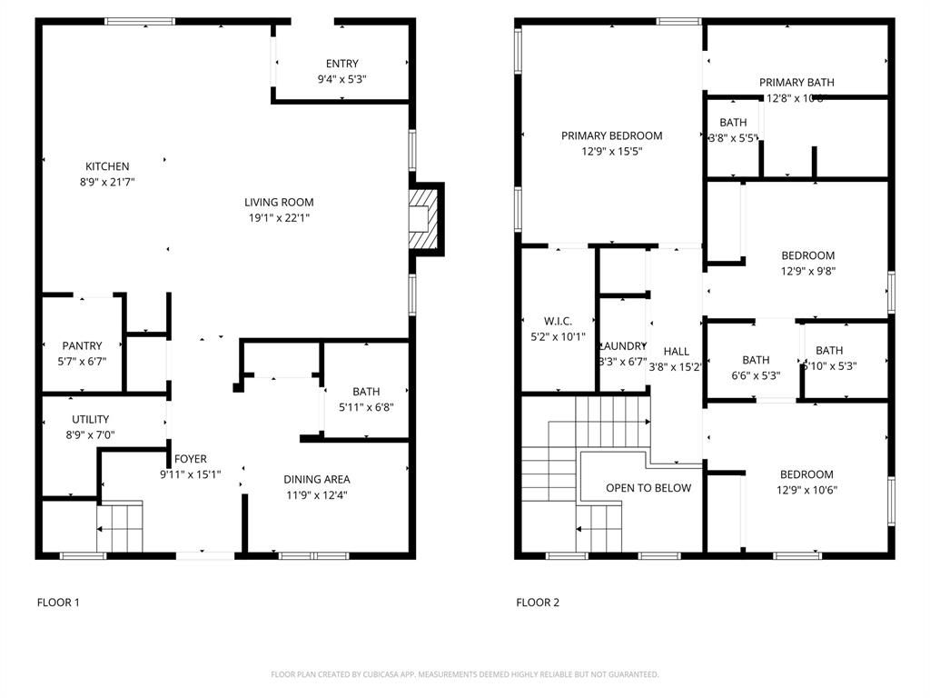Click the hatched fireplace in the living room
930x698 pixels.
coord(424,217)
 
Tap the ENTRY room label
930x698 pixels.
coord(341,64)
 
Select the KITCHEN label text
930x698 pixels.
coord(107,166)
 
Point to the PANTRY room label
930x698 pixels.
coord(82,345)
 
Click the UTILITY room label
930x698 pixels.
coord(91,419)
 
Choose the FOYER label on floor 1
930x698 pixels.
coord(191,459)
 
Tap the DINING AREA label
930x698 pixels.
coord(316,479)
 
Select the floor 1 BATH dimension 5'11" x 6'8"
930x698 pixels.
coord(366,407)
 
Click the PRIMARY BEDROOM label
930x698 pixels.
coord(611,135)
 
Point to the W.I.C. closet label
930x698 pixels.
coord(558,321)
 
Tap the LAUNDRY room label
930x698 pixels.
coord(623,345)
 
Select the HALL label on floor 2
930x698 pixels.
coord(676,351)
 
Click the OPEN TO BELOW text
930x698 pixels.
coord(648,488)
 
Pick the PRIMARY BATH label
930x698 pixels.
coord(796,82)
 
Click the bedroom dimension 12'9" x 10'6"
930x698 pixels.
coord(806,490)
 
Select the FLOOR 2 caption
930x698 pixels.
coord(538,602)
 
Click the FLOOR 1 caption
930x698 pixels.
coord(58,602)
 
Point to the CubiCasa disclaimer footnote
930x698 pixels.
coord(465,674)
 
